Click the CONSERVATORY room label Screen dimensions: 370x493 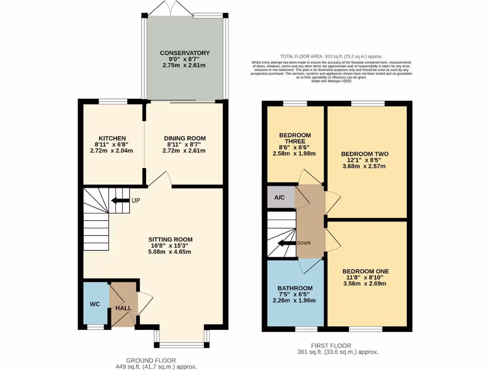185,53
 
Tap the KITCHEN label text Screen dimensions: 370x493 112,138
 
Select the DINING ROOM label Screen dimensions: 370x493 185,138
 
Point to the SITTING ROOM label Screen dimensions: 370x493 170,239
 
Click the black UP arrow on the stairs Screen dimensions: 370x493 119,200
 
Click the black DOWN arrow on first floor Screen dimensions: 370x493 288,243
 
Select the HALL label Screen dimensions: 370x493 123,307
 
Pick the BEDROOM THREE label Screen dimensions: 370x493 295,138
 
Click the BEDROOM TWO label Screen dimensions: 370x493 364,154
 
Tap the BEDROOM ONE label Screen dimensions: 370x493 366,272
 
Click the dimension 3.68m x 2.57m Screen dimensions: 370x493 364,166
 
